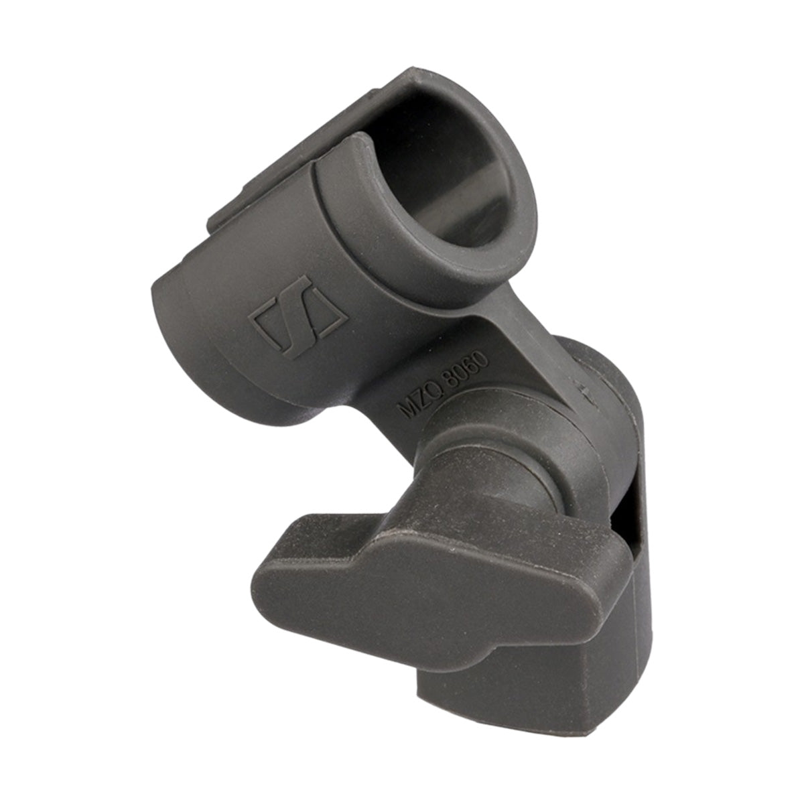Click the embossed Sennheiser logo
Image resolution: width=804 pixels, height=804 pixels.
297,318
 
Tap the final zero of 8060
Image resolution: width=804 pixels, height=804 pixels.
481,357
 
